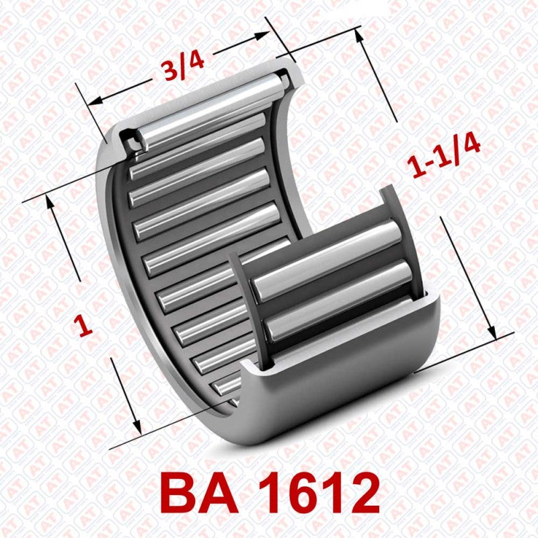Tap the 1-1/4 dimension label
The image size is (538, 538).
445,156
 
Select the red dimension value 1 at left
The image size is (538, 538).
84,326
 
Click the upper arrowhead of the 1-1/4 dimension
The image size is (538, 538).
360,35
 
